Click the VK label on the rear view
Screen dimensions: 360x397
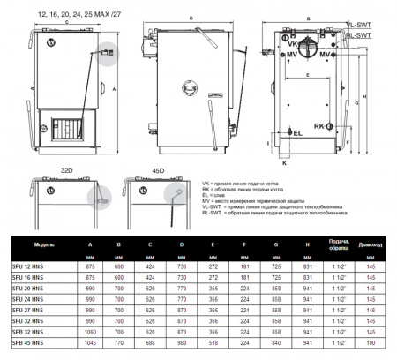coord(292,41)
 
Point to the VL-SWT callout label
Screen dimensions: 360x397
coord(356,27)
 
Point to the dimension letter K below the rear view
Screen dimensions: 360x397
coord(284,162)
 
